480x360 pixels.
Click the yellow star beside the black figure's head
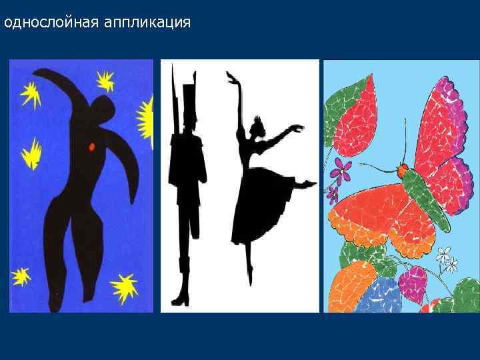click(105, 81)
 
